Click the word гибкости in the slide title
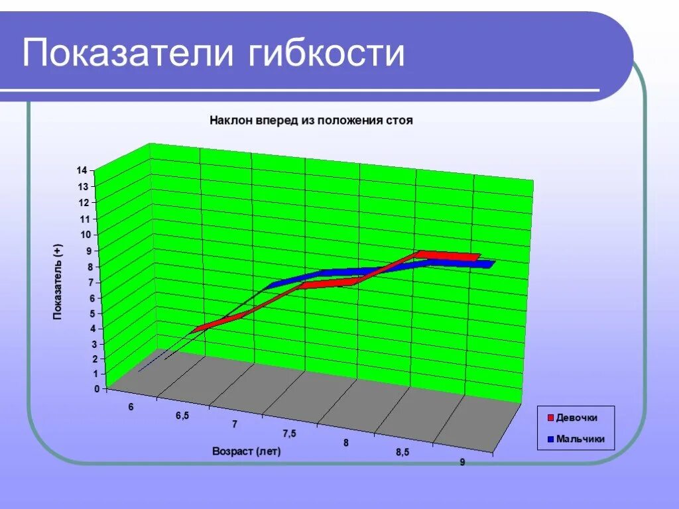pos(326,53)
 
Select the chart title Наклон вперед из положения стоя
pos(311,121)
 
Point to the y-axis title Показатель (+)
pos(58,282)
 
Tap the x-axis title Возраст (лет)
pos(247,452)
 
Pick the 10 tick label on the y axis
pos(84,235)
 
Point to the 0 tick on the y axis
pos(96,389)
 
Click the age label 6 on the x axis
pos(131,407)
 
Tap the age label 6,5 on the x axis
pos(182,416)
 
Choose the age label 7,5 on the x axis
pos(289,433)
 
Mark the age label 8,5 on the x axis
pos(402,452)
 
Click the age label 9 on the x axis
pos(462,462)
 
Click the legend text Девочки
pos(576,418)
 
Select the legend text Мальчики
pos(580,439)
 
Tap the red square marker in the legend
pos(549,418)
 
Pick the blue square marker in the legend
pos(549,439)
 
